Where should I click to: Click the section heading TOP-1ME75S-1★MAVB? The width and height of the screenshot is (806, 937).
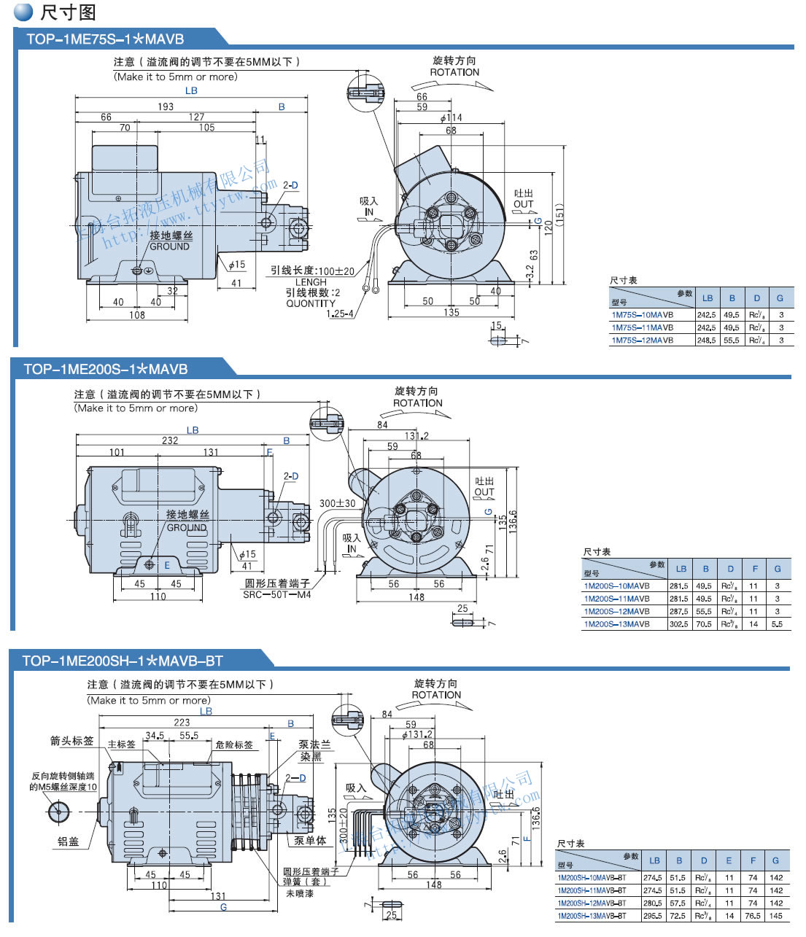pos(105,39)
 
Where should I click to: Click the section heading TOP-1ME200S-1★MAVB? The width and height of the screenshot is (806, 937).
pos(105,369)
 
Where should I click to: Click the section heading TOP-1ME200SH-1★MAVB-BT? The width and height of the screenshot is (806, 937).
pos(122,661)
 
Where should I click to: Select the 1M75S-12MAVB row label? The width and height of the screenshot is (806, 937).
pos(642,341)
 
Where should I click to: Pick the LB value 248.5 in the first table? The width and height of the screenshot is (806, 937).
pos(706,341)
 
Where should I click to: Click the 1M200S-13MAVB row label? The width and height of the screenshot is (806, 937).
pos(616,624)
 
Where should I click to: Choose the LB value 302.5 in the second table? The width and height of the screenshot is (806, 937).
pos(679,624)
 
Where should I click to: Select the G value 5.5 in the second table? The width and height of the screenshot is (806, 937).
pos(777,624)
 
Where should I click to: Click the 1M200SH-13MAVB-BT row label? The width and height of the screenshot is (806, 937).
pos(592,916)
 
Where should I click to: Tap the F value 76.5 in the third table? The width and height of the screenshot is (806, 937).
pos(753,916)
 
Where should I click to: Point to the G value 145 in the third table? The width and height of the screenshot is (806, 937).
pos(776,916)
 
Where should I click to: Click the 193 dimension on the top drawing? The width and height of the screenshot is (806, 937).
pos(166,106)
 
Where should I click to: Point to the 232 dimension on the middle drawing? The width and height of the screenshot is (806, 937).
pos(170,440)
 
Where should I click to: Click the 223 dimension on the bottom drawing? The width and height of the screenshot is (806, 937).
pos(182,723)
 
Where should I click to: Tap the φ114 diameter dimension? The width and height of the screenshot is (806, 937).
pos(451,118)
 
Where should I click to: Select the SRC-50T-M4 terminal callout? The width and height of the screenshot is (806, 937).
pos(276,595)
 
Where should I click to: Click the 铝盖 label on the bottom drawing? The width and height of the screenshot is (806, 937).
pos(68,841)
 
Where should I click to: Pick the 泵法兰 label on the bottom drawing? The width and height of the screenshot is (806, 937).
pos(314,745)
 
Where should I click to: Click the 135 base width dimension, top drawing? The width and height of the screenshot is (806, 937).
pos(452,312)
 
